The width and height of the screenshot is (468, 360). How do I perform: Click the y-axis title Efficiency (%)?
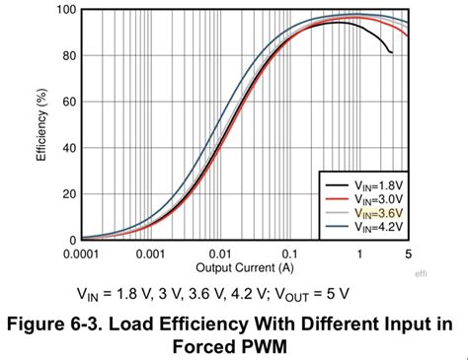[x=42, y=126]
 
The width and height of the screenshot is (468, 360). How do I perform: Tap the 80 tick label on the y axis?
[x=67, y=56]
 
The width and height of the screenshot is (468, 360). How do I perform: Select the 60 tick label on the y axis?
[x=67, y=103]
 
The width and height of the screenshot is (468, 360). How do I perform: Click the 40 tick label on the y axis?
[x=67, y=148]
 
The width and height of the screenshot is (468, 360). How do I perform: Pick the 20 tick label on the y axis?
[x=67, y=194]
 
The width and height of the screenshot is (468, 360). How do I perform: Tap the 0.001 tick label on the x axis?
[x=150, y=253]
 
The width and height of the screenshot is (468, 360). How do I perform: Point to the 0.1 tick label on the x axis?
[x=290, y=253]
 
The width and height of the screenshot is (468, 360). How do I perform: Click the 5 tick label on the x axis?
[x=407, y=253]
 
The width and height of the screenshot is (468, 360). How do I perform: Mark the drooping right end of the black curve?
[x=391, y=51]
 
